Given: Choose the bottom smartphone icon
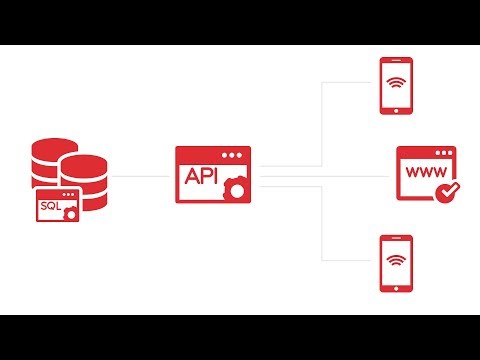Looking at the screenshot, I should click(x=396, y=263).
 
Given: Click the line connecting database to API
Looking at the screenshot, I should click(x=140, y=176).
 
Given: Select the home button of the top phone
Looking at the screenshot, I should click(x=396, y=107).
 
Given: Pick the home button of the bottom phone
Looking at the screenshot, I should click(x=396, y=286).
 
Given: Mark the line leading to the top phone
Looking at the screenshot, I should click(x=345, y=85).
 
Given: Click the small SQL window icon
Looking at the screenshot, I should click(x=56, y=205).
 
